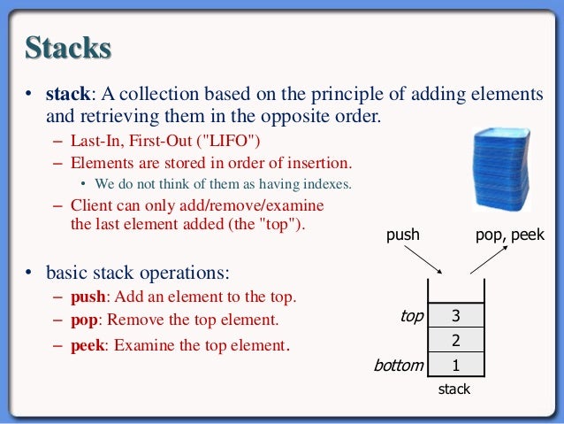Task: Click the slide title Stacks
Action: pyautogui.click(x=68, y=47)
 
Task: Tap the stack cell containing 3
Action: pyautogui.click(x=455, y=316)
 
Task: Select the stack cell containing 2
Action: pyautogui.click(x=455, y=340)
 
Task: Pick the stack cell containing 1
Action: pyautogui.click(x=455, y=364)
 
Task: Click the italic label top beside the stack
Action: pyautogui.click(x=411, y=316)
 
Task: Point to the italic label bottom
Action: pyautogui.click(x=398, y=365)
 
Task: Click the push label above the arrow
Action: pyautogui.click(x=403, y=235)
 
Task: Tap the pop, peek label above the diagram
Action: pyautogui.click(x=510, y=235)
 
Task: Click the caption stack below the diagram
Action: pyautogui.click(x=454, y=389)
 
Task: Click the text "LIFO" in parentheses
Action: pyautogui.click(x=232, y=142)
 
